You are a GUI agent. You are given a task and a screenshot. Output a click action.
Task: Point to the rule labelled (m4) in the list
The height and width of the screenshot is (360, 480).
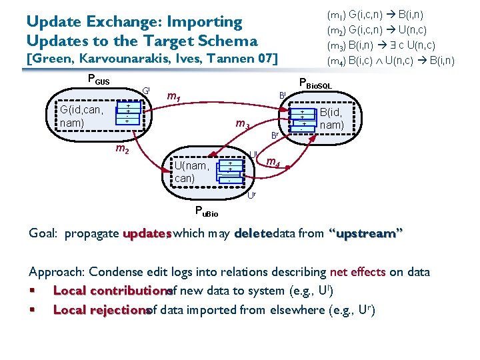[390, 61]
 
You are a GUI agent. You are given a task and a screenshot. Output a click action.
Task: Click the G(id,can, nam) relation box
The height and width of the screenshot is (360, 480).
[81, 116]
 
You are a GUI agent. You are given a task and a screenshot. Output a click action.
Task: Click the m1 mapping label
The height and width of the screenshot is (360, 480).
[173, 98]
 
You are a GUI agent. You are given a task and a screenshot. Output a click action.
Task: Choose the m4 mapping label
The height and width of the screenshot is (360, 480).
[273, 163]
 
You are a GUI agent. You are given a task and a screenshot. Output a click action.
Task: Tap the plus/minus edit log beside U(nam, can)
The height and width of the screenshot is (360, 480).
[230, 171]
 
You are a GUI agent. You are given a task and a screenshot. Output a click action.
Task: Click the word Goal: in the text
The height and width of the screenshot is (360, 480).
[44, 234]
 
